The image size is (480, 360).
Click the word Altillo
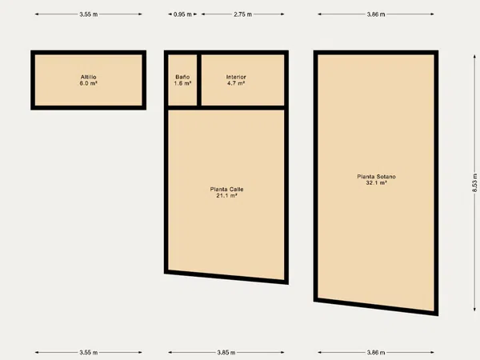coord(89,77)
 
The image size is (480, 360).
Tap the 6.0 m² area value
coord(89,83)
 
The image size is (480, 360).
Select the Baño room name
coord(182,77)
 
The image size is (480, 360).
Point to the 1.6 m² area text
coord(182,83)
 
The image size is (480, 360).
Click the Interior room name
coord(236,77)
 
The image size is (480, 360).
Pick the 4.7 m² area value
coord(236,83)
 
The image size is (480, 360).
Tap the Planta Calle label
coord(227,190)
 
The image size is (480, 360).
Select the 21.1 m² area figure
coord(227,196)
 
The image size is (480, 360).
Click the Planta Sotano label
coord(376,177)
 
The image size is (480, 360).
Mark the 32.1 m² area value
coord(376,182)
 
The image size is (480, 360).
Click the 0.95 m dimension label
coord(182,14)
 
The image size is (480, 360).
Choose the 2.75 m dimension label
coord(242,14)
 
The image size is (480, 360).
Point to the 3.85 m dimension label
coord(226,353)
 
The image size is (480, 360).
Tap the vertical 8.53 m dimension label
coord(474,182)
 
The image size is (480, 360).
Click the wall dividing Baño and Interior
coord(199,80)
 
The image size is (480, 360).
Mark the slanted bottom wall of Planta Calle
coord(226,277)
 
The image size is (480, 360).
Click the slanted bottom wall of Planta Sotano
coord(376,306)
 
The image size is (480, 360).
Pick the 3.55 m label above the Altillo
coord(89,14)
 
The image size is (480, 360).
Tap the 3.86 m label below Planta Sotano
coord(376,353)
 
